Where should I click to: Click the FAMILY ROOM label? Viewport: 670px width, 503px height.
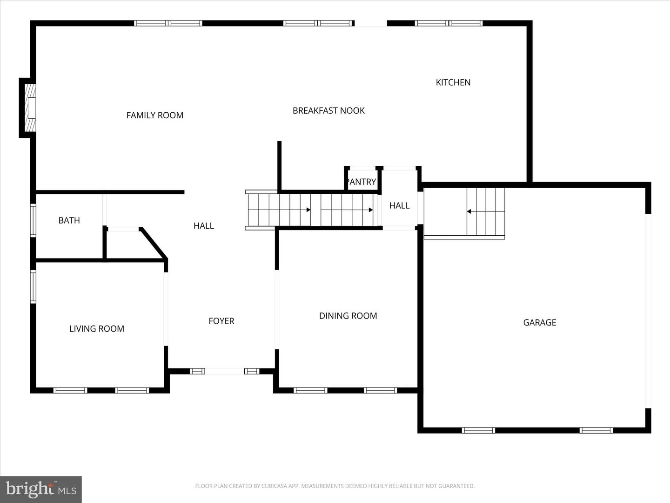[155, 116]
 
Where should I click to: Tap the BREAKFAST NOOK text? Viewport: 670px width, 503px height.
[328, 111]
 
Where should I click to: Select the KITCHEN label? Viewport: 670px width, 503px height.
[453, 82]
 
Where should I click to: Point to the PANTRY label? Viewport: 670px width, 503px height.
[362, 182]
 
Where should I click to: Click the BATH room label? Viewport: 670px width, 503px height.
[69, 221]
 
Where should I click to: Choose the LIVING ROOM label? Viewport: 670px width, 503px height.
[97, 329]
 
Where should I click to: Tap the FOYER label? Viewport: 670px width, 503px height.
[221, 321]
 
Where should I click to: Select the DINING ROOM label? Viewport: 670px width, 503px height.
[348, 316]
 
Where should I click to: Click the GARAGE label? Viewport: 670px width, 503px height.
[539, 323]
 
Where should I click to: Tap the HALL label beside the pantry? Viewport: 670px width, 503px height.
[399, 205]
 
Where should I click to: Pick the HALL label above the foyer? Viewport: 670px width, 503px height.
[203, 226]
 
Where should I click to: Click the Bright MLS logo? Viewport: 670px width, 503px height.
[41, 489]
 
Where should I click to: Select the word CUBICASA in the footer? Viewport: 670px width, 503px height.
[274, 486]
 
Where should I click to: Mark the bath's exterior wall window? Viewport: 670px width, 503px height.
[33, 221]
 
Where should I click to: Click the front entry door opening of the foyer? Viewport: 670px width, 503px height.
[225, 371]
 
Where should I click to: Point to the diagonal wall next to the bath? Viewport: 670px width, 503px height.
[154, 243]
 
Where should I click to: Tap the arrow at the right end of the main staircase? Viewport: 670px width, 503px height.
[370, 210]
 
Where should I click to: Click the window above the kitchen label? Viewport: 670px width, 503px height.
[449, 23]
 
